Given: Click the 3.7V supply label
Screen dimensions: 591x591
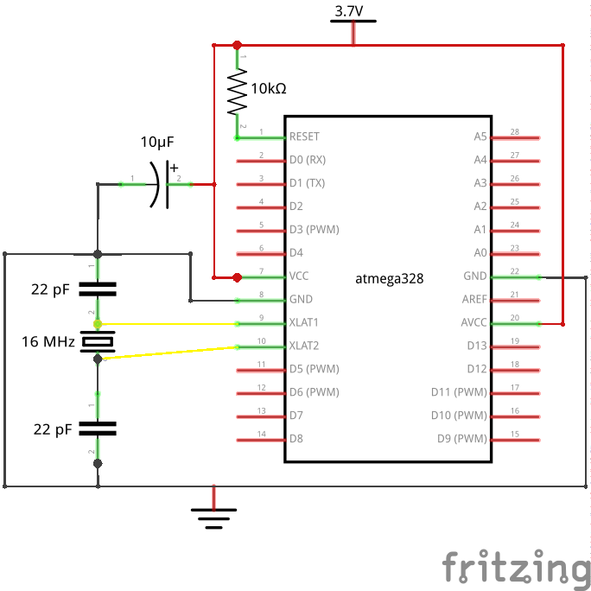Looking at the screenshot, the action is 349,11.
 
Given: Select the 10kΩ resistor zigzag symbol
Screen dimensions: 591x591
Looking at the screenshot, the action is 237,92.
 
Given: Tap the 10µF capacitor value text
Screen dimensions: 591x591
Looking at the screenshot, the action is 157,142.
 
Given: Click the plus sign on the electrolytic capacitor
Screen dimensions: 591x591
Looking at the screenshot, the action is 174,168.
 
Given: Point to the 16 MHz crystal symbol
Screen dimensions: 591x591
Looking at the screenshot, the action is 98,341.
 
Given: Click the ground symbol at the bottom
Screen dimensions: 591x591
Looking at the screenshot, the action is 213,518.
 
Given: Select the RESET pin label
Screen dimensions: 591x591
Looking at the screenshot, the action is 304,137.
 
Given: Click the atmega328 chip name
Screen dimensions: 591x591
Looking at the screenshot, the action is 390,279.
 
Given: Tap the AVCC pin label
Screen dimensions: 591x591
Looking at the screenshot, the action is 473,322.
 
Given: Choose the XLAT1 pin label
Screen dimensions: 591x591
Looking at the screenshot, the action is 304,322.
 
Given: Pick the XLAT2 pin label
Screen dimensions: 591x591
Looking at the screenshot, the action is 304,346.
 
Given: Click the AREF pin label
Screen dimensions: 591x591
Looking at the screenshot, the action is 474,299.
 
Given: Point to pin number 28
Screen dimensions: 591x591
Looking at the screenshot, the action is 515,131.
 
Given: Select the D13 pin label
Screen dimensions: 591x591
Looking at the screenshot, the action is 477,346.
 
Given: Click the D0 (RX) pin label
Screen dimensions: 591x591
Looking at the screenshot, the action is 308,160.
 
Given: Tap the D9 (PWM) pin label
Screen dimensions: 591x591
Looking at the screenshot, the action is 462,439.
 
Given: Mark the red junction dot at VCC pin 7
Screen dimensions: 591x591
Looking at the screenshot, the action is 237,277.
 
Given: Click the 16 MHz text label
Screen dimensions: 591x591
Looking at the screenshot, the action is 48,341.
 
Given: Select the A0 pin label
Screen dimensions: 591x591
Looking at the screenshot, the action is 480,252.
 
